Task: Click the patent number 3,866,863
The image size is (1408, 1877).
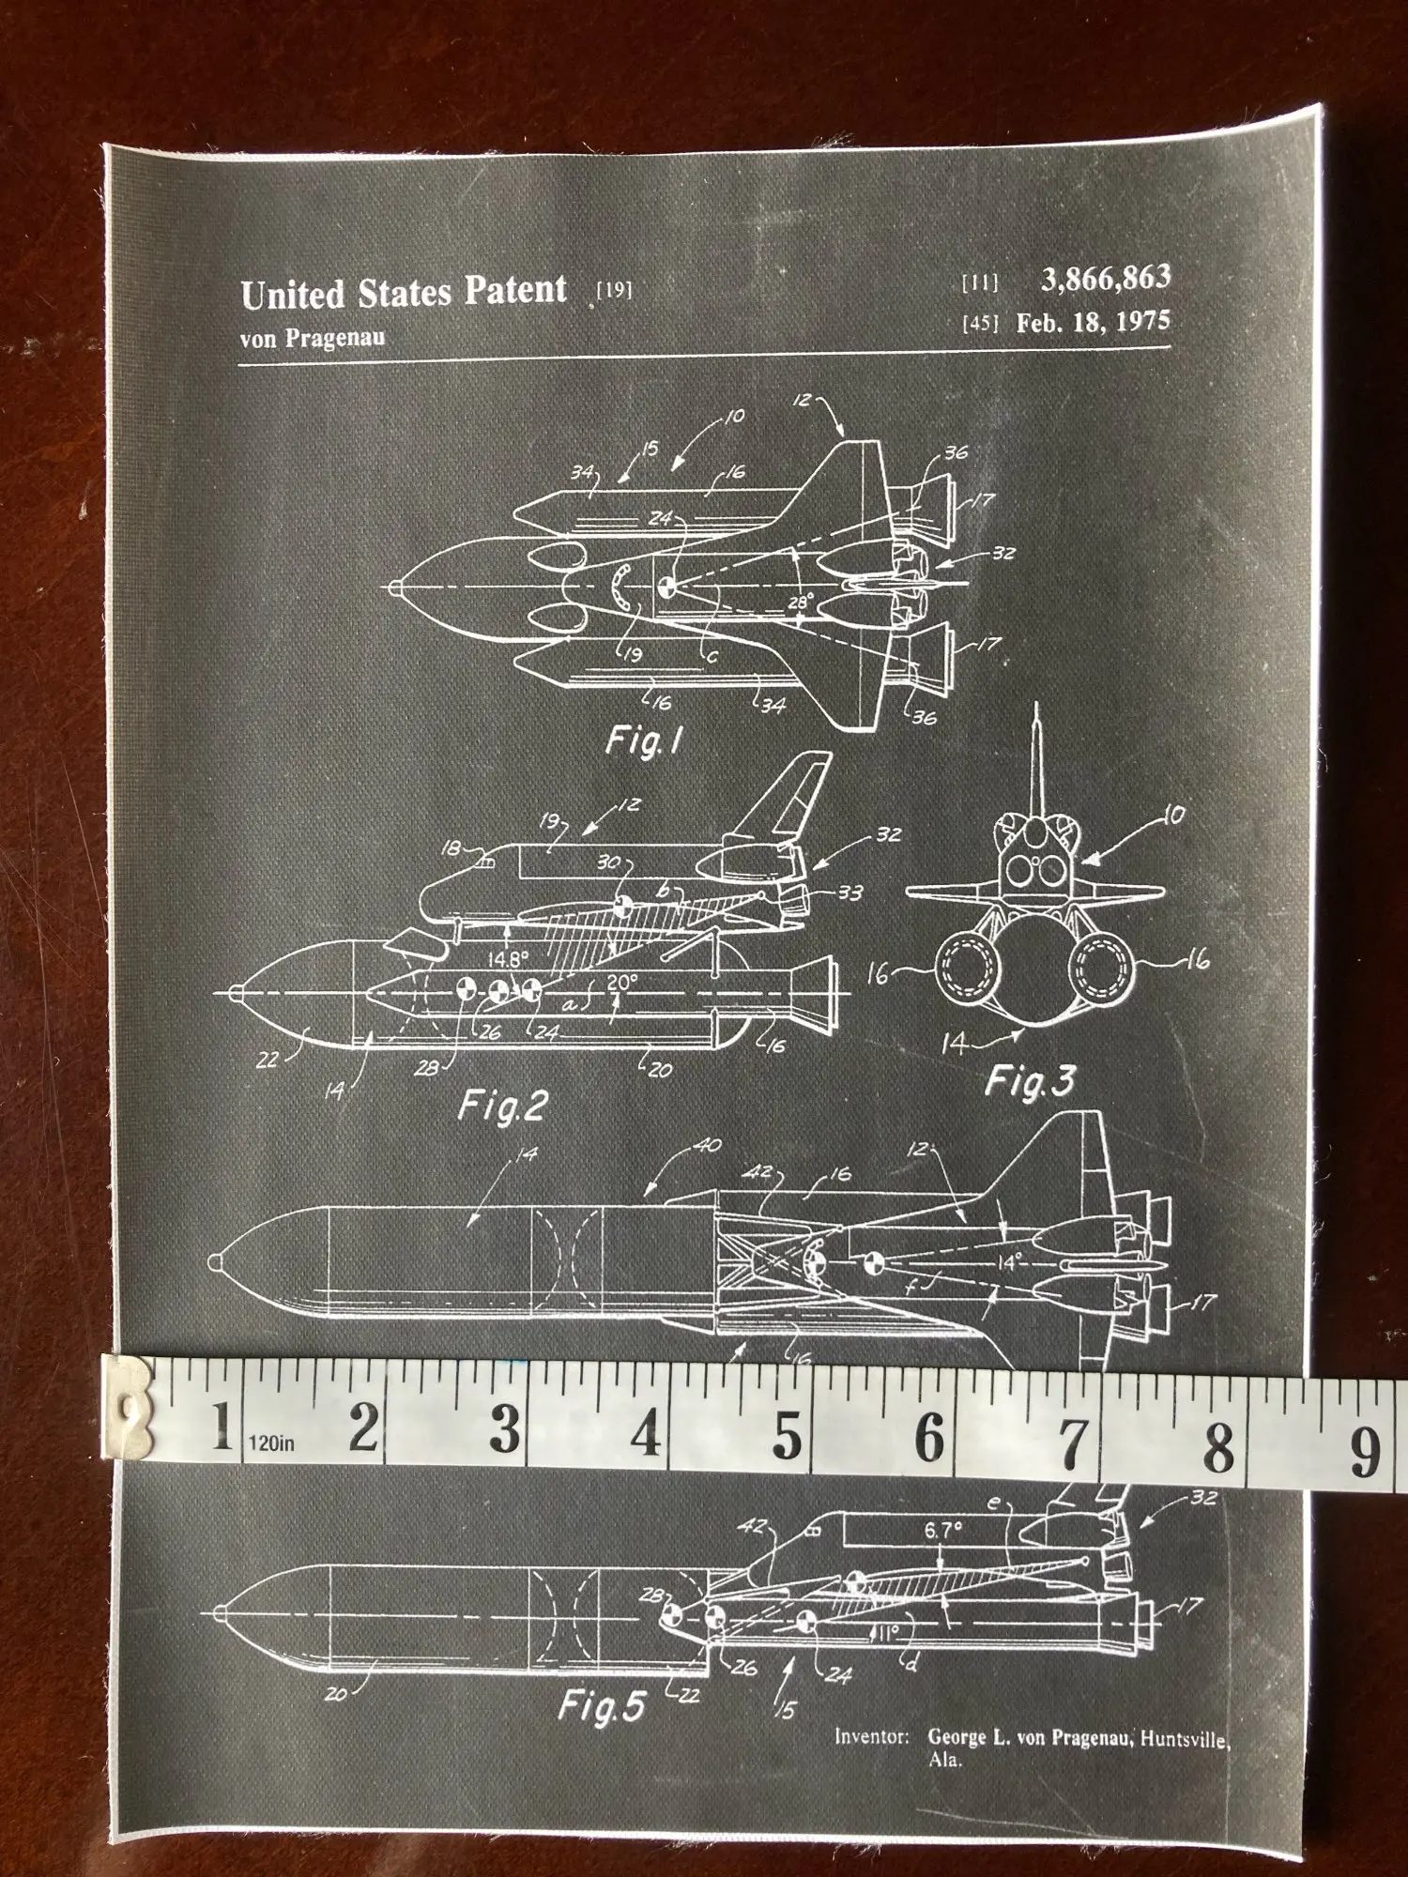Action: pos(1105,278)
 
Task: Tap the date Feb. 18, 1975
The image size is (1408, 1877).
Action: pos(1093,322)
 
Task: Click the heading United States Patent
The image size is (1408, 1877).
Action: pos(404,292)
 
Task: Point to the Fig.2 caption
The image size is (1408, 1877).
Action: pos(502,1106)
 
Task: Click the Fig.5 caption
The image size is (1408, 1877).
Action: pos(602,1705)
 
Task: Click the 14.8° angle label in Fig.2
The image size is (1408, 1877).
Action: pos(508,959)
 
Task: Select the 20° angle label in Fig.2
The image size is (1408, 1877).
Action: pos(621,981)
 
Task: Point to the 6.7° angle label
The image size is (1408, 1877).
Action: pos(942,1531)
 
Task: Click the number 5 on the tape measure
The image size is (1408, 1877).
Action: pos(787,1432)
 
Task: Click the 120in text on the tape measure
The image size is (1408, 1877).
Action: pos(271,1443)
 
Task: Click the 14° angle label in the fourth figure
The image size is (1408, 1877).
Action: pos(1009,1262)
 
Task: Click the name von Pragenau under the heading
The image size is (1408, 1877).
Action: pos(312,338)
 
